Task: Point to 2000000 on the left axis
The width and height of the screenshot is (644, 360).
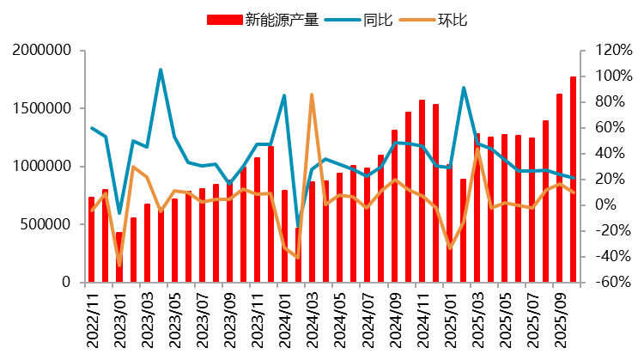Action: tap(42, 51)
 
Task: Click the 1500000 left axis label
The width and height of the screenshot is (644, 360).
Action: tap(42, 108)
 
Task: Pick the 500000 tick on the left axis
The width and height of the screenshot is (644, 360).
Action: tap(46, 224)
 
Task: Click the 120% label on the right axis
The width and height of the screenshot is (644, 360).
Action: tap(603, 51)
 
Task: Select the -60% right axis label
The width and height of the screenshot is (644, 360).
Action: tap(603, 283)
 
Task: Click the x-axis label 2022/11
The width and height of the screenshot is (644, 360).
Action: tap(92, 320)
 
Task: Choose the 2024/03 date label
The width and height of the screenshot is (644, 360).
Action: tap(312, 320)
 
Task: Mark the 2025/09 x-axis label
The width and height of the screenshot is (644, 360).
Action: tap(559, 320)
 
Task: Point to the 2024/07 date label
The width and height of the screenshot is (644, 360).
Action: tap(367, 320)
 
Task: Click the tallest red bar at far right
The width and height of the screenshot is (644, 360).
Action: tap(573, 180)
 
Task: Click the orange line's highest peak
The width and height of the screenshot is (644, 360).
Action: tap(312, 95)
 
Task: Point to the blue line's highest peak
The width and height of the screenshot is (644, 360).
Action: tap(161, 70)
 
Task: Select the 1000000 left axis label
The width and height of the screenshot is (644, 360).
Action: tap(42, 167)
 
